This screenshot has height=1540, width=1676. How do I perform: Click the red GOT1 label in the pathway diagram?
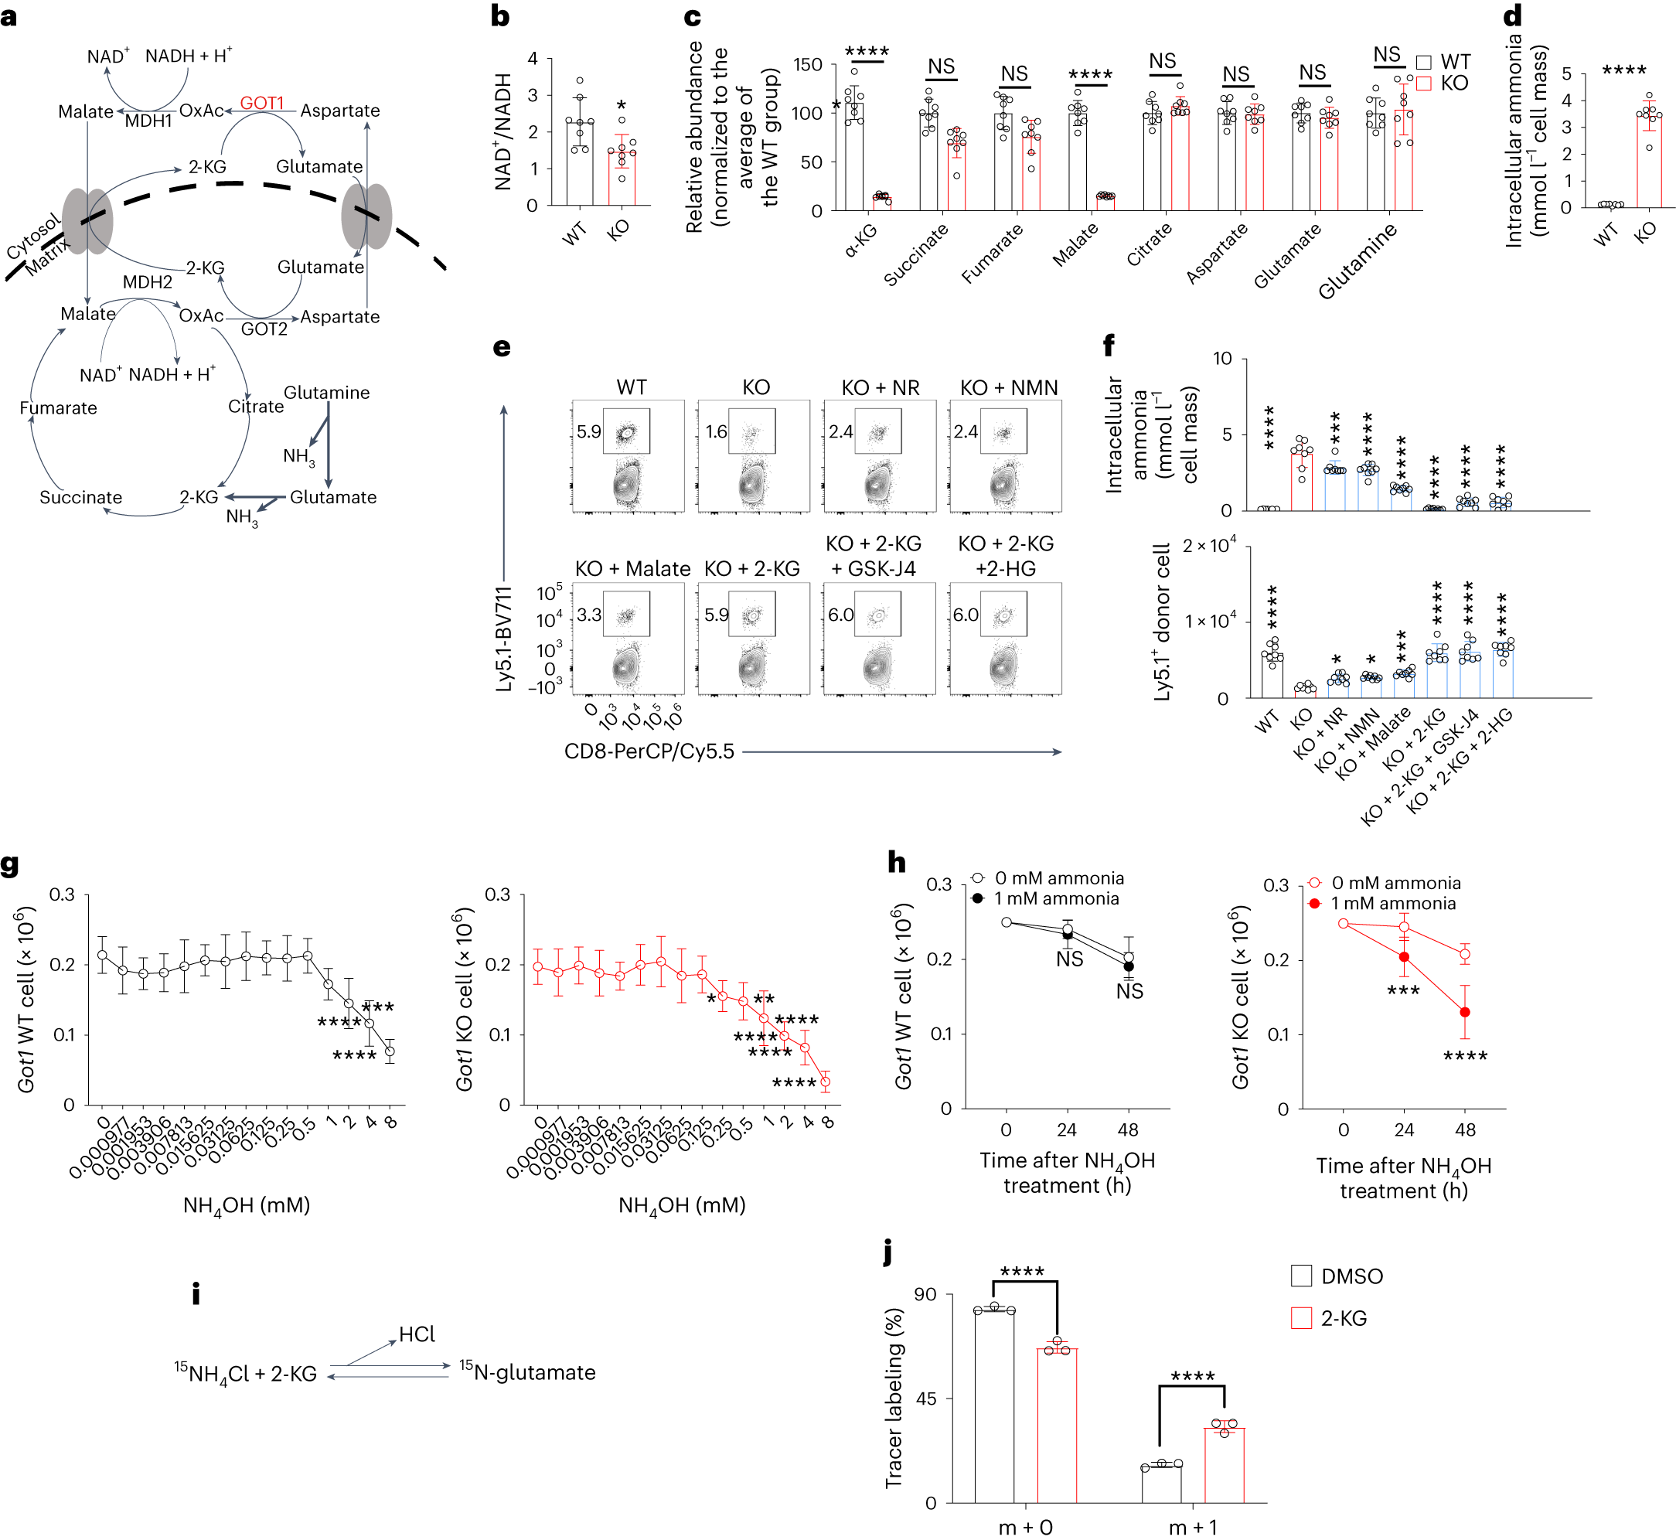[x=262, y=104]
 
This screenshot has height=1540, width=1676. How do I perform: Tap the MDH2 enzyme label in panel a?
[x=148, y=281]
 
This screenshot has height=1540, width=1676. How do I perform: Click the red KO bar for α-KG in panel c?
[x=882, y=203]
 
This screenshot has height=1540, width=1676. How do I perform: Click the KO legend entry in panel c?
[x=1444, y=83]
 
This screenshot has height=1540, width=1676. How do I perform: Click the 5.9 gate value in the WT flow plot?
[x=588, y=431]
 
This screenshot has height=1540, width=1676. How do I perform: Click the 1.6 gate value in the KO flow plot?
[x=716, y=431]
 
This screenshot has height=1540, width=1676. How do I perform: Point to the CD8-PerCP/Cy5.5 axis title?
[x=649, y=751]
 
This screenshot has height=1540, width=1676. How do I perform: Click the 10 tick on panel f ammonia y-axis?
[x=1221, y=359]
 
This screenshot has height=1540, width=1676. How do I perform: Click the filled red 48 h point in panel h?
[x=1464, y=1012]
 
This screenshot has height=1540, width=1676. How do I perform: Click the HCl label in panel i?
[x=417, y=1334]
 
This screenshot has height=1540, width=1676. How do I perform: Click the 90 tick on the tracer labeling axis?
[x=925, y=1294]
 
